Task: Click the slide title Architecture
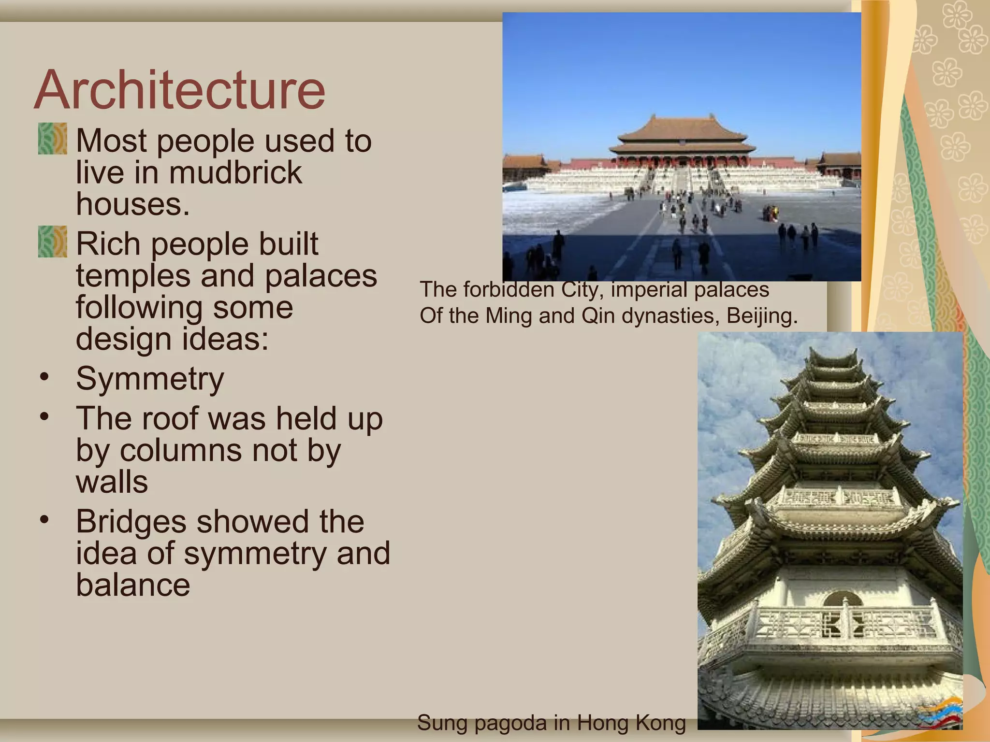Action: (179, 90)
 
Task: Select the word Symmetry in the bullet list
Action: (150, 378)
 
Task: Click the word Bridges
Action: (131, 522)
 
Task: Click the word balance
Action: (133, 585)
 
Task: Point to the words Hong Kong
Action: (631, 723)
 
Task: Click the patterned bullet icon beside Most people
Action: (52, 139)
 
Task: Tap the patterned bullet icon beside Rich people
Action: (52, 242)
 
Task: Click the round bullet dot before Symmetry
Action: (44, 377)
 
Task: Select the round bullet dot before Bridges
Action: (44, 520)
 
